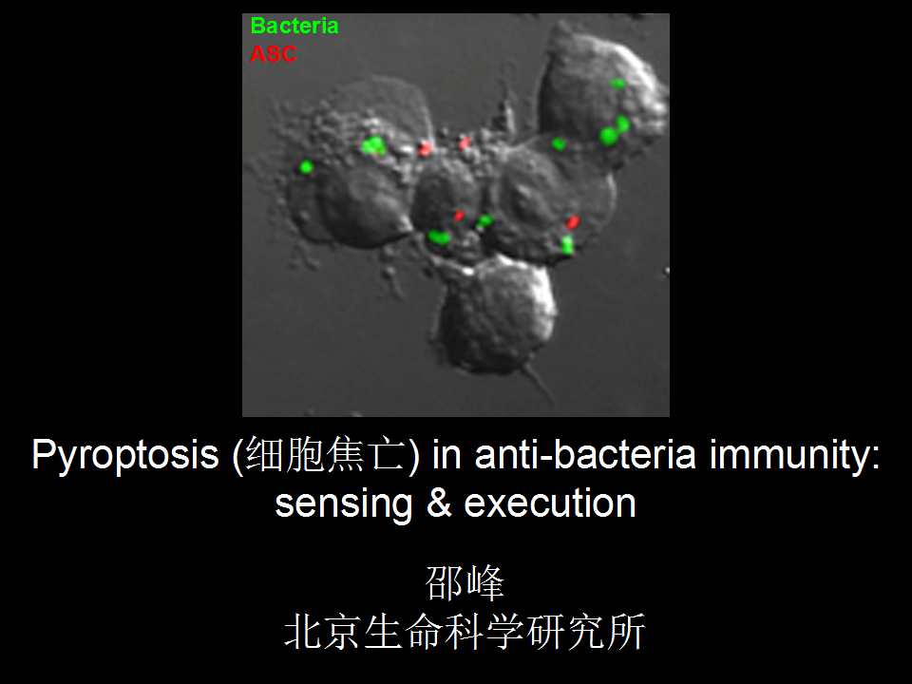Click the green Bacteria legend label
tap(294, 27)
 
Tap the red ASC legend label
tap(274, 54)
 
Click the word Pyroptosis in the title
tap(125, 455)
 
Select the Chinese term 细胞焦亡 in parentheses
tap(325, 455)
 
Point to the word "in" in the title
tap(446, 454)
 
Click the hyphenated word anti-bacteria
tap(585, 454)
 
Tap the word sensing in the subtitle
tap(343, 504)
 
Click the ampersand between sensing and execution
tap(439, 503)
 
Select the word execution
tap(550, 503)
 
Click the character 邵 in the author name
tap(444, 582)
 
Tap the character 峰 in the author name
tap(484, 582)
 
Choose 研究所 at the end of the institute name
tap(586, 632)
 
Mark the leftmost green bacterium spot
tap(307, 167)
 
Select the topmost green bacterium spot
tap(617, 84)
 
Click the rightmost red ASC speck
tap(573, 221)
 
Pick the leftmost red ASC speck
tap(426, 149)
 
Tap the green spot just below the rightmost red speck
tap(567, 244)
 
